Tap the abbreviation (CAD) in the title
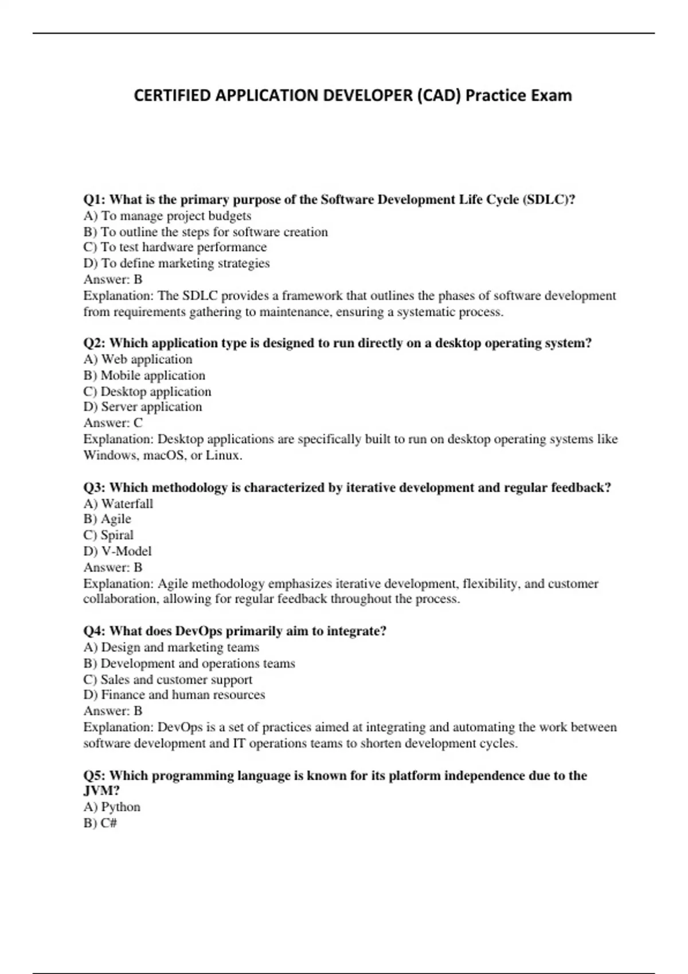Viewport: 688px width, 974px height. (439, 95)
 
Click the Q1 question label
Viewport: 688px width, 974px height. (95, 199)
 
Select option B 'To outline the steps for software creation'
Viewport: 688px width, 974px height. (206, 232)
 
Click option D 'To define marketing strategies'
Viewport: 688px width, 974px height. (177, 264)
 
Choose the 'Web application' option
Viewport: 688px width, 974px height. (138, 359)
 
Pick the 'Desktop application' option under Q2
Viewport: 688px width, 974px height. (147, 392)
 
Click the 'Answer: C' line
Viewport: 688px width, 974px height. (113, 423)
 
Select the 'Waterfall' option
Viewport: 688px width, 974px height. (119, 504)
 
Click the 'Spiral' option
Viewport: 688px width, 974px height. (109, 535)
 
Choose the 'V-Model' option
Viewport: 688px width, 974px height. (118, 551)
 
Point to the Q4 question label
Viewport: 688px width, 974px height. (95, 631)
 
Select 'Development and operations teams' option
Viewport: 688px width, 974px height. (189, 663)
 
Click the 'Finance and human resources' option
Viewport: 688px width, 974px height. (174, 695)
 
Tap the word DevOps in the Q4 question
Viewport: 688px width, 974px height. (198, 631)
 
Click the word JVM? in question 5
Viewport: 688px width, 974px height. (101, 791)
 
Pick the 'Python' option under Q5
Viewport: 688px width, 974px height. (112, 807)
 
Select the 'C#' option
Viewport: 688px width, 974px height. (100, 823)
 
